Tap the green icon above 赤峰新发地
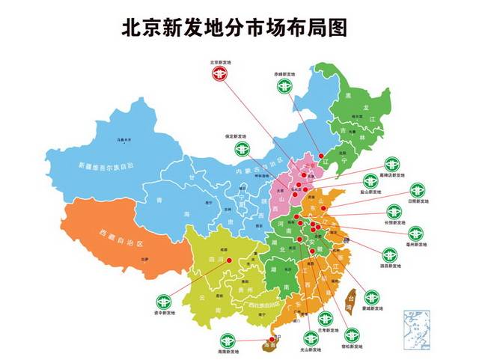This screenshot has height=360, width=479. [x=284, y=87]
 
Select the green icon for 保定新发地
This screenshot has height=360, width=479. [x=240, y=149]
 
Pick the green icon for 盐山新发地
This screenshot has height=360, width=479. [x=370, y=182]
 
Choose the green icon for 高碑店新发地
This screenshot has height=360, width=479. [x=391, y=164]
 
